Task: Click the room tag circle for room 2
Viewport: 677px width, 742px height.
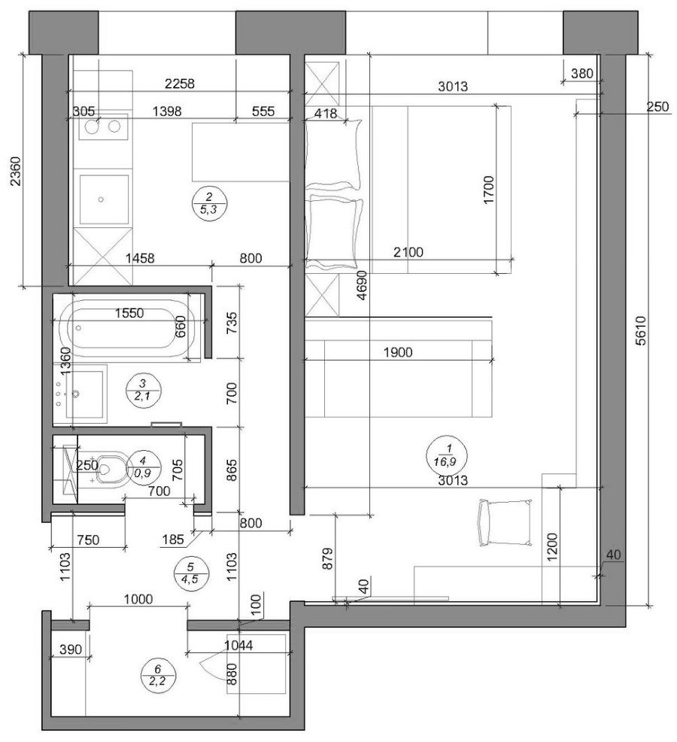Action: pyautogui.click(x=209, y=203)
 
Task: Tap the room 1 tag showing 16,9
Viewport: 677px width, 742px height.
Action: pyautogui.click(x=446, y=455)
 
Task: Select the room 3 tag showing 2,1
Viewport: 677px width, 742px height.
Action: pyautogui.click(x=144, y=391)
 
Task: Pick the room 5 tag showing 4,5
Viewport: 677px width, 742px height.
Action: pyautogui.click(x=190, y=574)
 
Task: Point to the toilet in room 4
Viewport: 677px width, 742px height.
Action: pyautogui.click(x=112, y=467)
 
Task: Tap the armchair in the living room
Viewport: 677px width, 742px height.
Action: pyautogui.click(x=504, y=522)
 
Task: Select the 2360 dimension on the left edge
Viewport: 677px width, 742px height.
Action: pyautogui.click(x=16, y=171)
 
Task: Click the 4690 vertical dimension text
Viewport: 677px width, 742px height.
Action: pyautogui.click(x=362, y=285)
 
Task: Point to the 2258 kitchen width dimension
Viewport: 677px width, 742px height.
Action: pyautogui.click(x=179, y=84)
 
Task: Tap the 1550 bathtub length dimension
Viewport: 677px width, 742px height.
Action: pyautogui.click(x=129, y=313)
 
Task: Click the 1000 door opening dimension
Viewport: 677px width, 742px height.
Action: pyautogui.click(x=138, y=599)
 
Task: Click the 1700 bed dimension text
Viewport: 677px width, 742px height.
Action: pyautogui.click(x=488, y=190)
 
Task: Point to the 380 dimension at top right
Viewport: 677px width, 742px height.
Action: pyautogui.click(x=581, y=73)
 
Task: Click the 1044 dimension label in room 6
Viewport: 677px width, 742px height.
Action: pyautogui.click(x=238, y=645)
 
